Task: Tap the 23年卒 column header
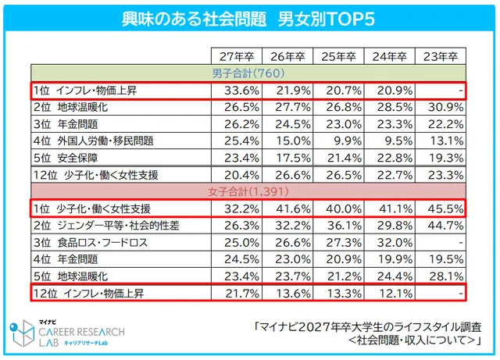click(x=440, y=57)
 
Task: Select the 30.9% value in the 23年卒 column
click(x=440, y=108)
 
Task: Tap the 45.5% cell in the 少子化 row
click(x=440, y=209)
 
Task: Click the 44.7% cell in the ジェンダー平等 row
click(x=440, y=226)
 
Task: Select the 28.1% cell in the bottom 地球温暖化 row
click(x=440, y=276)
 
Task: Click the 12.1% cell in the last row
click(x=389, y=294)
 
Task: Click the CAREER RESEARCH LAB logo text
click(x=78, y=333)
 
